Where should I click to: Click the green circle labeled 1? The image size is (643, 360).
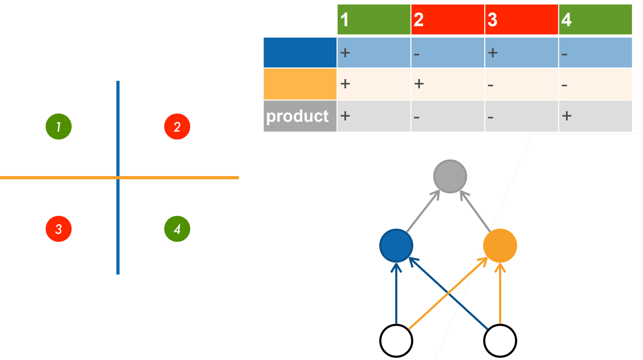(59, 127)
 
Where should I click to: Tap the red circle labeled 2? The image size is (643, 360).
(177, 127)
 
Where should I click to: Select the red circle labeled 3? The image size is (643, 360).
(59, 229)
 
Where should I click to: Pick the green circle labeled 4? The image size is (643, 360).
(177, 229)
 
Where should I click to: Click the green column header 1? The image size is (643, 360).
(374, 19)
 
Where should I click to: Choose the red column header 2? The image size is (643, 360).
(448, 19)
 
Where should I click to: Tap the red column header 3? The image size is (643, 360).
(522, 19)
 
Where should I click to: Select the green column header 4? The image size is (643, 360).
(595, 19)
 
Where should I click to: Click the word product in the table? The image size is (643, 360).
(297, 116)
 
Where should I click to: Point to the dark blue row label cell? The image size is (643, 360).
(300, 53)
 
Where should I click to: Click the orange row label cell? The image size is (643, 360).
(300, 84)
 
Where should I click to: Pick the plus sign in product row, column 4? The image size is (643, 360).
(567, 116)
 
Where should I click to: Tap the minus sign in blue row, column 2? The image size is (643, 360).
(416, 54)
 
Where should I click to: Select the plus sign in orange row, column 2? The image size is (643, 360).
(419, 84)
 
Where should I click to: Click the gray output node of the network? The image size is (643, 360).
(450, 176)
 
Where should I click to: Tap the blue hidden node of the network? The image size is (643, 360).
(396, 246)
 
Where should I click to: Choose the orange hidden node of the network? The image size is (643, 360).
(500, 246)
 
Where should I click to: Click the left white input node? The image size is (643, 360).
(396, 341)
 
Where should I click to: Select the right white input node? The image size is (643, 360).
(500, 341)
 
